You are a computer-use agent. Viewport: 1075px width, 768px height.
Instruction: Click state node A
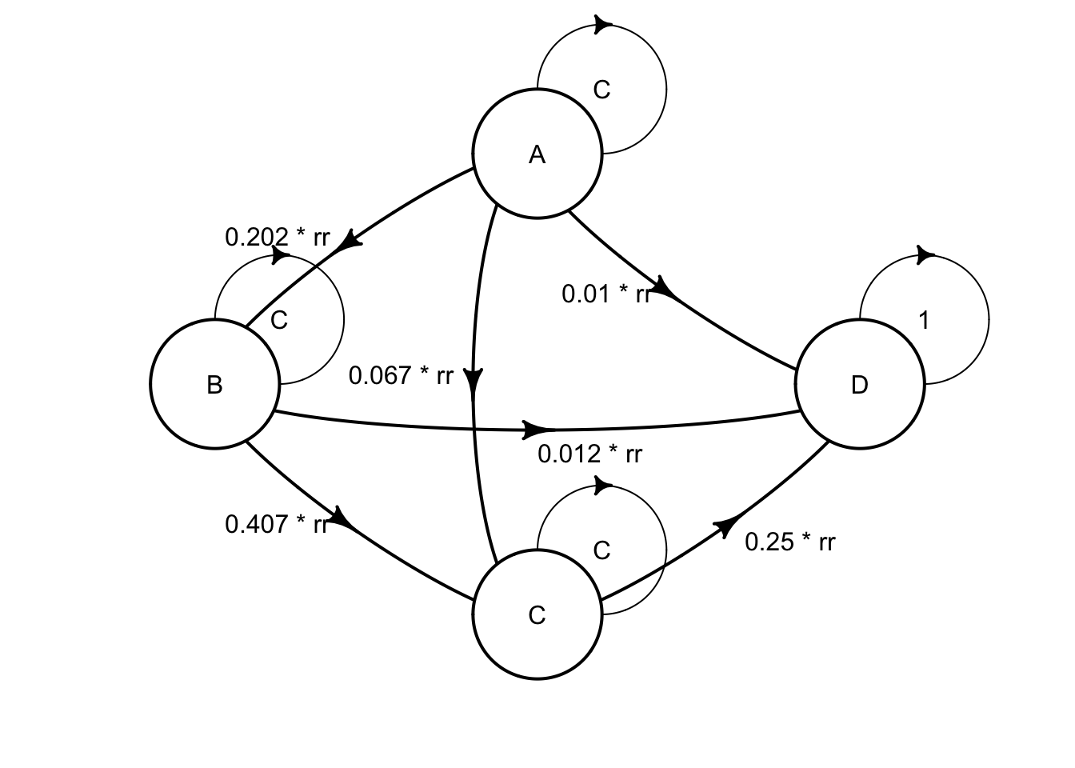point(537,154)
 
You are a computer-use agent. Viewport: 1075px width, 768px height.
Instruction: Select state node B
point(214,385)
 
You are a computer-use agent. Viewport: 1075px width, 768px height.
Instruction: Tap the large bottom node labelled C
point(537,615)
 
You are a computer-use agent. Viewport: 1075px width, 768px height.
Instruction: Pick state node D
point(859,385)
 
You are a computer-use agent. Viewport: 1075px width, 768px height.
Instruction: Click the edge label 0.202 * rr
point(277,238)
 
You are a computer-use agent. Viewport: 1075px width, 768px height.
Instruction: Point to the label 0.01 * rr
point(606,294)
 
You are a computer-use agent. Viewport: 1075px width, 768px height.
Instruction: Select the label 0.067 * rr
point(401,375)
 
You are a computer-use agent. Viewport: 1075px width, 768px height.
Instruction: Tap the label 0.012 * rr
point(589,454)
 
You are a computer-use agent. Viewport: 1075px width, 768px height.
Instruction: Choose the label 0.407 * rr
point(277,525)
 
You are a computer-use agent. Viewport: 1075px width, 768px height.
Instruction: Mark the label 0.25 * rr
point(790,542)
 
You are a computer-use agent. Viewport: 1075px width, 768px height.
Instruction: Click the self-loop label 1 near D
point(925,321)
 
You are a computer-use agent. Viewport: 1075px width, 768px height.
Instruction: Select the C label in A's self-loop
point(602,90)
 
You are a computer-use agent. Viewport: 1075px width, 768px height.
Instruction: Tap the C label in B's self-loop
point(279,321)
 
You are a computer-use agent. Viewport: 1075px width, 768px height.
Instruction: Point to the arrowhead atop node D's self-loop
point(925,256)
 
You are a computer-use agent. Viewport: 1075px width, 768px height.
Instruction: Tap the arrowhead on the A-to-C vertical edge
point(475,378)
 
